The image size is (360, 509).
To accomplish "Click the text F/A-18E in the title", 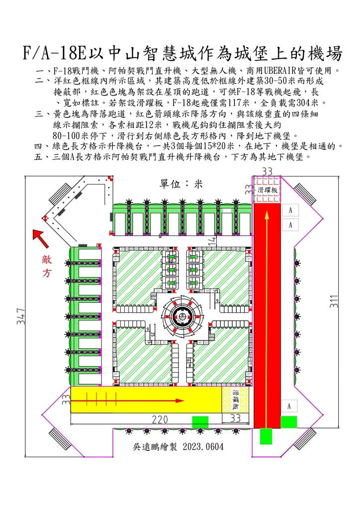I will [x=54, y=53].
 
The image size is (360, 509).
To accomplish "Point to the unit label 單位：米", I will [x=181, y=183].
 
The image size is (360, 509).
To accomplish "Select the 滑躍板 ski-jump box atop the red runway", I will [x=268, y=189].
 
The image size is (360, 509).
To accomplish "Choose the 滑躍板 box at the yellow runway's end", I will [x=237, y=400].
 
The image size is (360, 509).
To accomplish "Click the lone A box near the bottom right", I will [x=289, y=406].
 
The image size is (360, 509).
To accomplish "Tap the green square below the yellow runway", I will [x=200, y=422].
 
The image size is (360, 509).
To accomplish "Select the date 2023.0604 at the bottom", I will [x=202, y=446].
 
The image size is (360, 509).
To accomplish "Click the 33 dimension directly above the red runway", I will [x=267, y=171].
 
